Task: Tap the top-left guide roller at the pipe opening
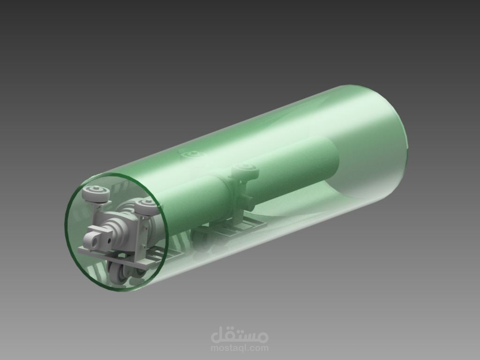click(x=96, y=193)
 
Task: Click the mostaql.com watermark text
click(x=240, y=348)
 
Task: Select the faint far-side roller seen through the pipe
click(x=191, y=155)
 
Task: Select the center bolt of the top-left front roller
click(x=96, y=190)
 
